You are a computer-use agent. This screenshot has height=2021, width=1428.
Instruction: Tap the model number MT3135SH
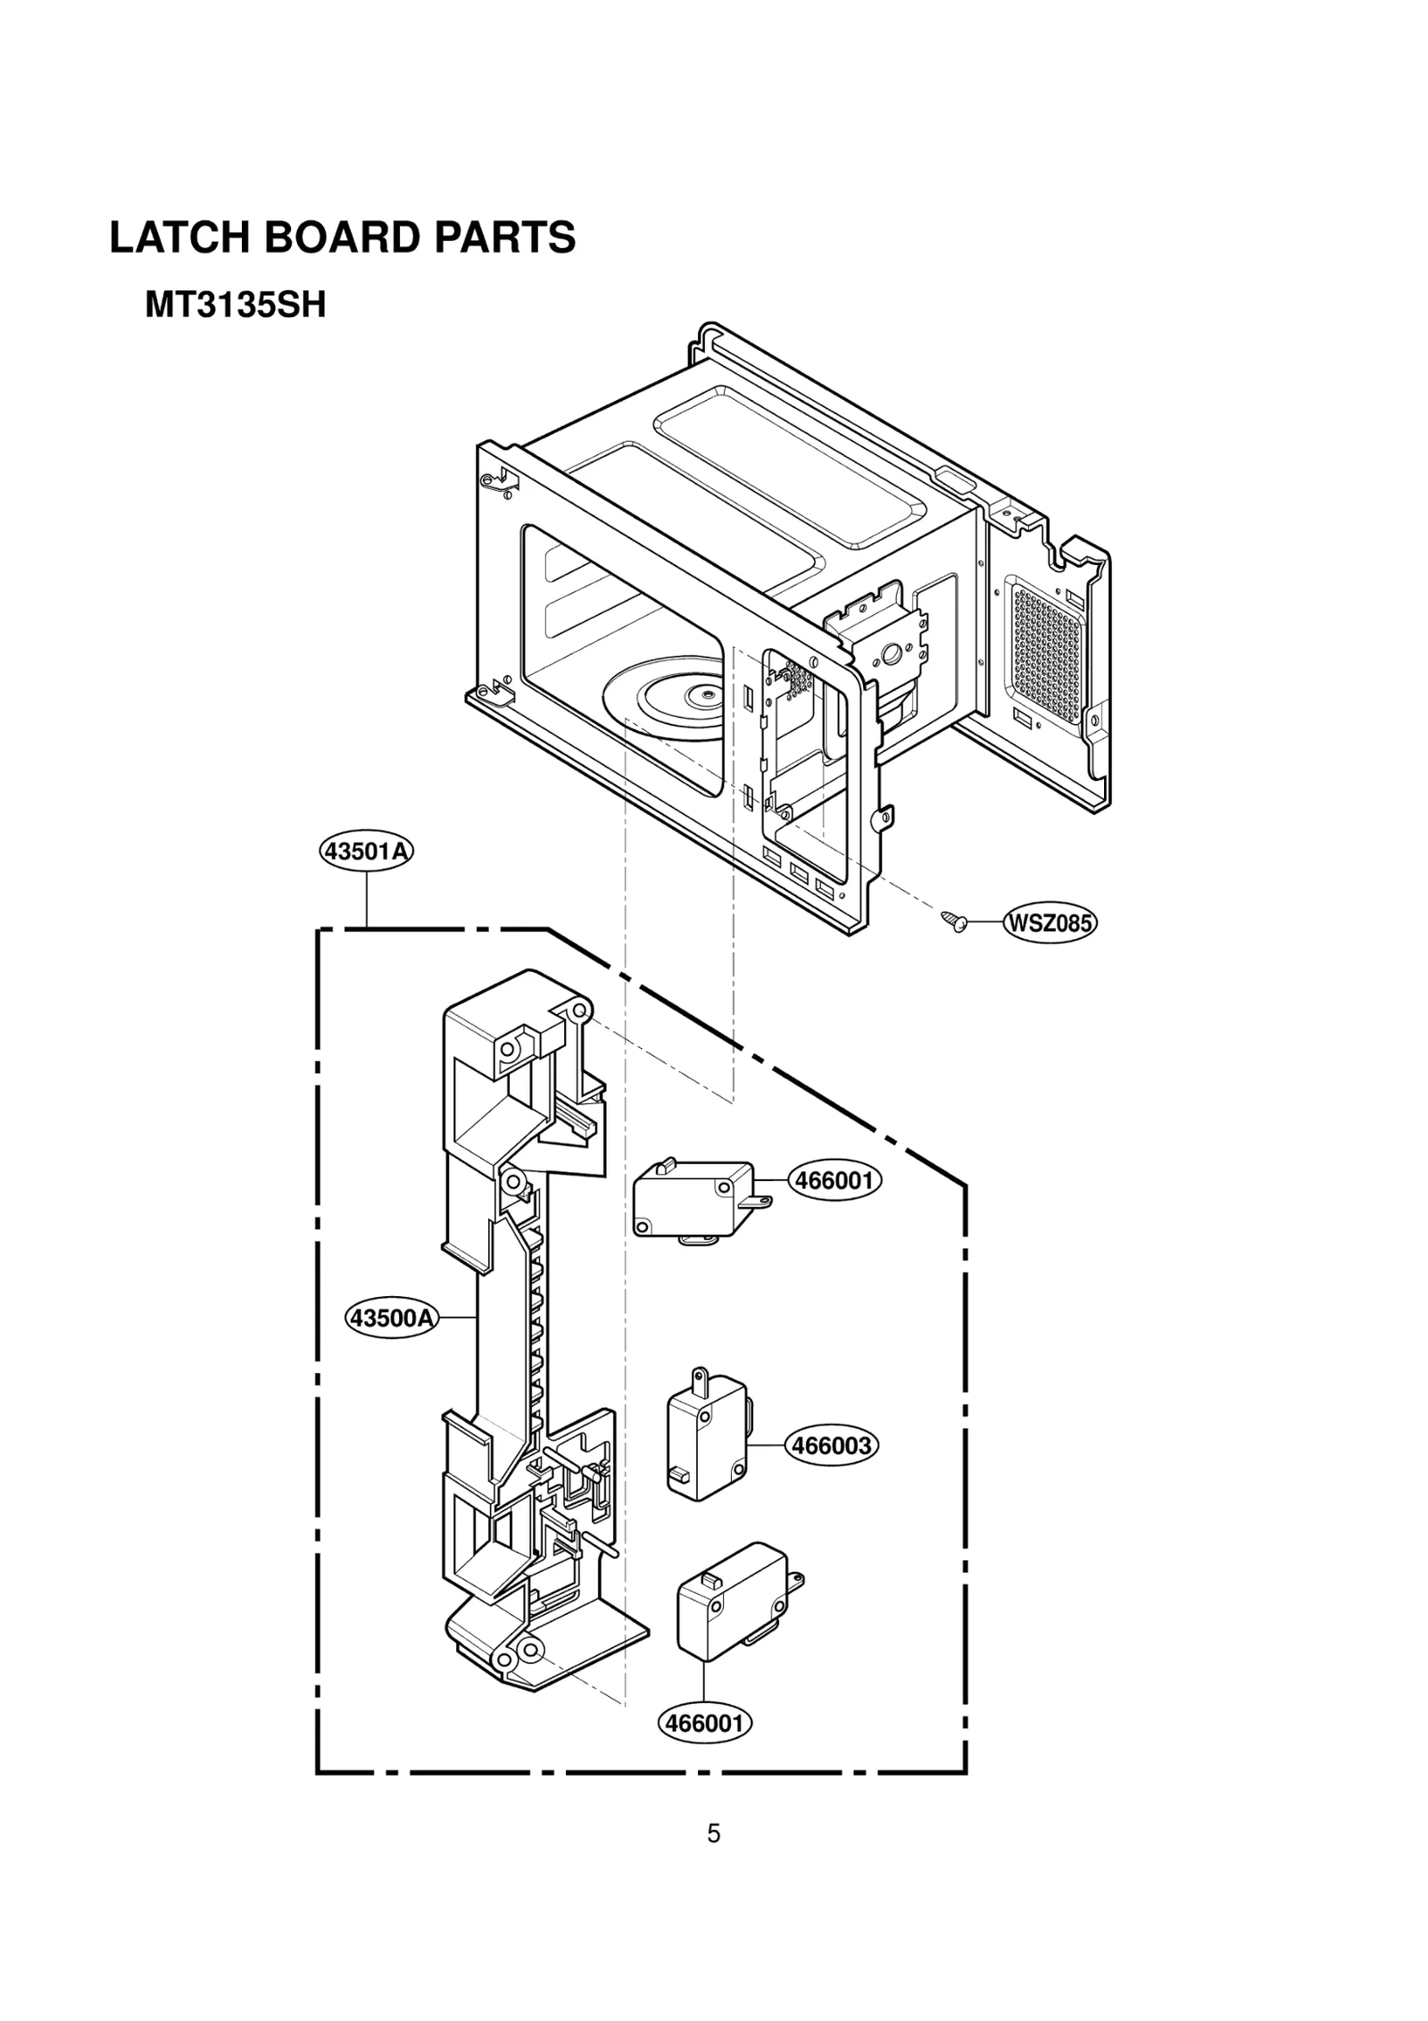tap(236, 306)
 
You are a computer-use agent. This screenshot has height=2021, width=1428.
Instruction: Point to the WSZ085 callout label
tap(1050, 923)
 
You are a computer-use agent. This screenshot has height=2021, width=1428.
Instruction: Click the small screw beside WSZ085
tap(953, 920)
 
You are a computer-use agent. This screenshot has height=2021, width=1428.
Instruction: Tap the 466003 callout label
tap(831, 1445)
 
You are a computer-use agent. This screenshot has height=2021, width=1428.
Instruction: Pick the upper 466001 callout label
tap(834, 1181)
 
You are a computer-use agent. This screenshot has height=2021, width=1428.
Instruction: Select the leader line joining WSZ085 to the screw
tap(984, 921)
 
